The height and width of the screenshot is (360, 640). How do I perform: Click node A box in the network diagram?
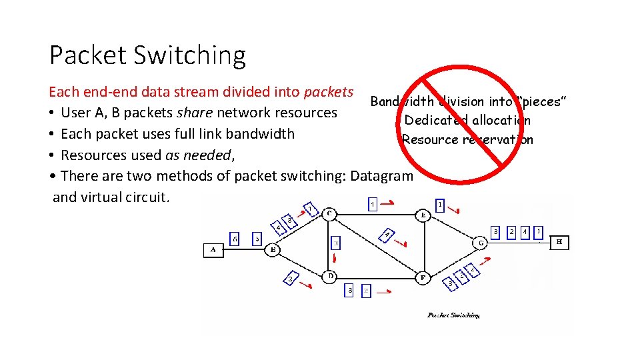(213, 250)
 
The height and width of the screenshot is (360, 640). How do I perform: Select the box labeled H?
(559, 243)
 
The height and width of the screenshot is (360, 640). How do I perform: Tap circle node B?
(273, 251)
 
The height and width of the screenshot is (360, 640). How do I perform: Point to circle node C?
(330, 213)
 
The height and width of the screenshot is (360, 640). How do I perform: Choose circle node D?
(330, 275)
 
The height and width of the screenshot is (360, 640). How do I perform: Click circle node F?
(423, 277)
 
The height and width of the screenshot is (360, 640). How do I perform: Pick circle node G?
(481, 243)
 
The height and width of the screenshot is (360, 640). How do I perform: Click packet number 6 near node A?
(235, 238)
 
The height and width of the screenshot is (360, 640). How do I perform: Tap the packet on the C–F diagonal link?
(387, 234)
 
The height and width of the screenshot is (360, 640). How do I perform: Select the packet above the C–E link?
(373, 203)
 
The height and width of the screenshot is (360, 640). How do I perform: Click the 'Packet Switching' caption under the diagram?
(453, 315)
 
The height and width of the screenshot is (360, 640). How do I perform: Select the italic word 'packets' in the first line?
(329, 91)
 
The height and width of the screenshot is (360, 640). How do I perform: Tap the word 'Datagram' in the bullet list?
(382, 176)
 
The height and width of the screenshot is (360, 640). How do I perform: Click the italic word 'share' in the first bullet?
(196, 113)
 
